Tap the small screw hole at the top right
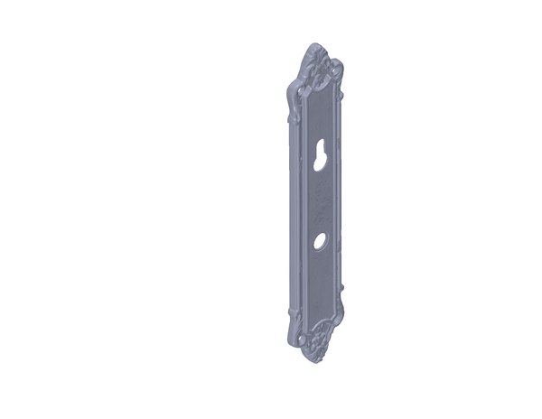pos(336,68)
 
